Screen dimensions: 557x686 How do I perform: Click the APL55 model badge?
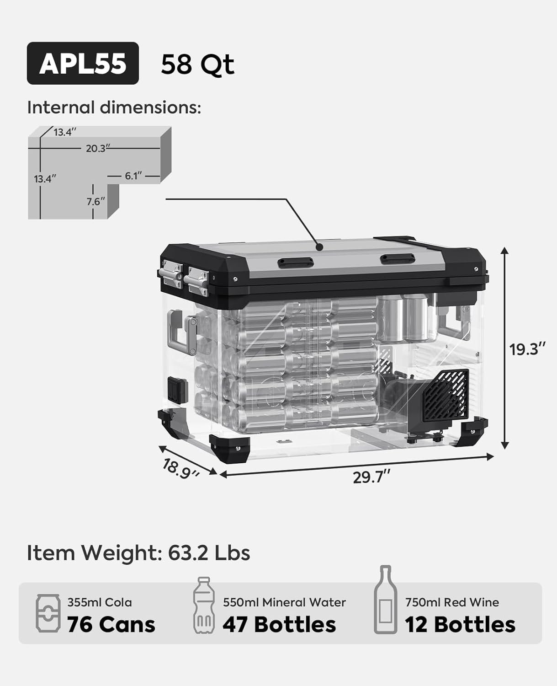point(83,63)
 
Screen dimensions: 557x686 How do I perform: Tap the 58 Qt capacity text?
point(197,64)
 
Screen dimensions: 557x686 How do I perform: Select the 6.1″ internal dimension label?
point(133,176)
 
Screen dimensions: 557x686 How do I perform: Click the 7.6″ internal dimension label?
point(95,202)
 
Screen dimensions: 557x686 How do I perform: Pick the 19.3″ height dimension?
point(527,349)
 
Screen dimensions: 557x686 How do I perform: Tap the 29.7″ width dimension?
point(371,477)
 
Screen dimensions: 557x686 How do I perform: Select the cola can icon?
point(48,613)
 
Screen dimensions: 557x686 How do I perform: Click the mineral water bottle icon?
point(204,605)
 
